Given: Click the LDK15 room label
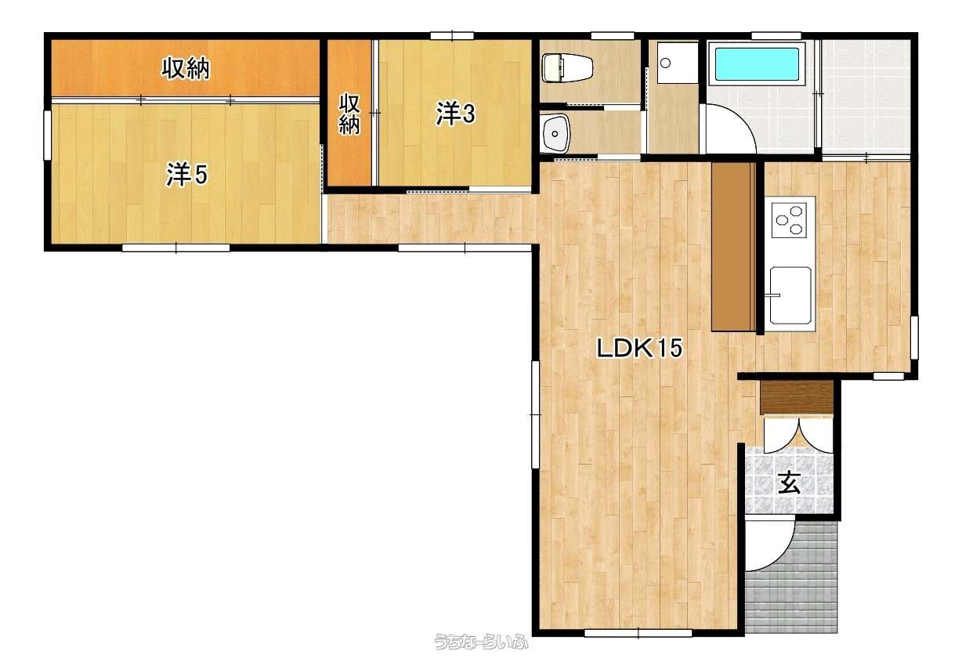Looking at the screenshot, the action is coord(639,349).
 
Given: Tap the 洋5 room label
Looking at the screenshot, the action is coord(186,175).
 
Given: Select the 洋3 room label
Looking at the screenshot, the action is coord(456,114).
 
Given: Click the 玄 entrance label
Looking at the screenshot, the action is coord(790,483).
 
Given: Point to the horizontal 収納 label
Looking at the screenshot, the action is coord(186,68).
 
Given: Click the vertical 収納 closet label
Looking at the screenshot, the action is coord(349,114).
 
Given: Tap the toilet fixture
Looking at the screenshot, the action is coord(567,67).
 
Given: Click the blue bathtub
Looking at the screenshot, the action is coord(758,64).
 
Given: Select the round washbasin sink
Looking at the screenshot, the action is coord(555,133).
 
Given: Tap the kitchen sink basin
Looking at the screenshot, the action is coord(790,295).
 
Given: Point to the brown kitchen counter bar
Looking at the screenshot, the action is coord(733,247).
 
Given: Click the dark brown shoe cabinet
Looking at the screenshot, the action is coord(797,398).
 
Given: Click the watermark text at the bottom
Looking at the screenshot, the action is coord(482,642).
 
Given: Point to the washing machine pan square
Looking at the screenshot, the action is coord(677,63).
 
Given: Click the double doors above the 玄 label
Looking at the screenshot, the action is coord(798,436).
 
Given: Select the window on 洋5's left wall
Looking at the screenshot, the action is coord(47,136).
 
